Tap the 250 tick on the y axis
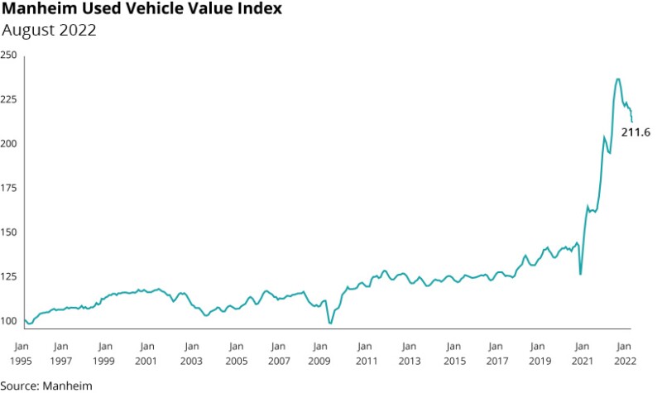click(x=9, y=55)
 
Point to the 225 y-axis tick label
click(x=9, y=99)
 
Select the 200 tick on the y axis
click(x=9, y=144)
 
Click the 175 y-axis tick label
click(x=9, y=188)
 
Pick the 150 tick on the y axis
click(x=9, y=232)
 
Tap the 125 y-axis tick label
click(x=9, y=276)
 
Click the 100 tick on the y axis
click(x=9, y=321)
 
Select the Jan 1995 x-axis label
click(x=22, y=353)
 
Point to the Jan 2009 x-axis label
click(x=320, y=353)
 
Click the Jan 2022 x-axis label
click(x=624, y=353)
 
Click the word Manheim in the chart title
click(x=40, y=11)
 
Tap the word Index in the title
click(x=257, y=11)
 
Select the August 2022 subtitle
click(x=50, y=31)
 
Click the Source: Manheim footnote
click(x=46, y=385)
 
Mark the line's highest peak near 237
click(x=617, y=79)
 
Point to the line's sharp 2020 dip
click(x=581, y=274)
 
